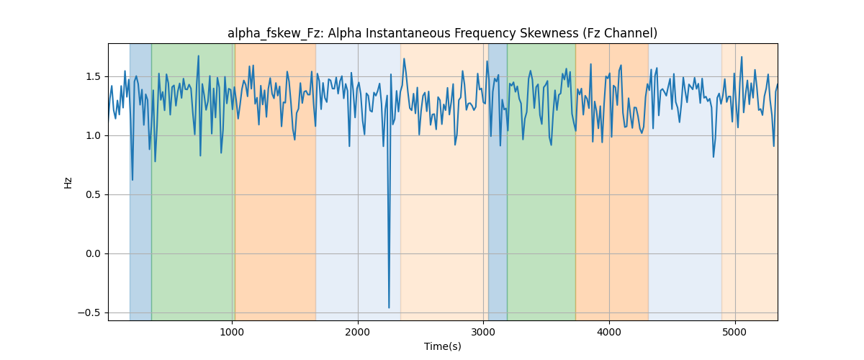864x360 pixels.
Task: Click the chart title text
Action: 442,33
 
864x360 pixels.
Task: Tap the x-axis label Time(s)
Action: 442,346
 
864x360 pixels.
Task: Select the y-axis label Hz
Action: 68,182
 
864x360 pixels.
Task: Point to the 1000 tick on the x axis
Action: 232,332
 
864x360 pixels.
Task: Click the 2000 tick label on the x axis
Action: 358,332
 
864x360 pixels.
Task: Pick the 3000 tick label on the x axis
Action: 483,332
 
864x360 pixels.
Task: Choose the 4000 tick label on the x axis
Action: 609,332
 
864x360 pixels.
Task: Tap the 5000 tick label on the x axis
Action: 735,332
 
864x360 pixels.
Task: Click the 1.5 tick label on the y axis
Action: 93,77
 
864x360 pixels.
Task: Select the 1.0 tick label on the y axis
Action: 93,136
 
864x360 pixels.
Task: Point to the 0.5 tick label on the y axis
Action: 93,195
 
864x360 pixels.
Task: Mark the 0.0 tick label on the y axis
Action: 93,254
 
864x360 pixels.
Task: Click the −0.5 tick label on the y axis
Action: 89,313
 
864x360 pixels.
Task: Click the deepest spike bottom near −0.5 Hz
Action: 389,307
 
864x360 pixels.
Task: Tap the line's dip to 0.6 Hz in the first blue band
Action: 132,180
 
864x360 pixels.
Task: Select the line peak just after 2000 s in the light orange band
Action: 404,58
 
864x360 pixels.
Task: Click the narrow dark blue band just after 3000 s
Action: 498,181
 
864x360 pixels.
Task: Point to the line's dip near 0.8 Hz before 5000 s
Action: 714,157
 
